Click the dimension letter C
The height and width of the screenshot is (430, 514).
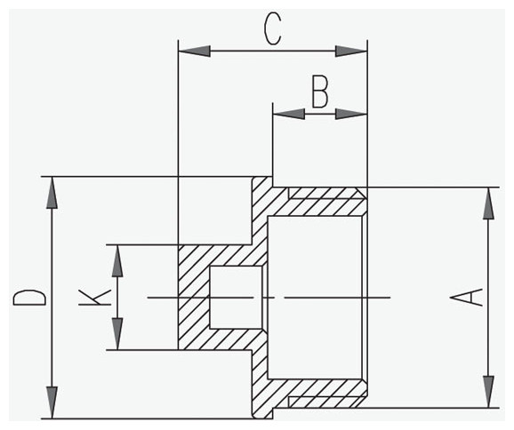273,28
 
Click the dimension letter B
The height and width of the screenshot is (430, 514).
320,92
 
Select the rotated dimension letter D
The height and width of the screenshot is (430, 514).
29,298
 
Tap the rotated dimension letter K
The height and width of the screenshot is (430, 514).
94,297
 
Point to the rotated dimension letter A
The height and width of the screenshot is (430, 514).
466,297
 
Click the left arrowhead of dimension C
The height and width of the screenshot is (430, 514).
194,52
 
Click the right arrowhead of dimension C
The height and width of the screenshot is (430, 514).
351,52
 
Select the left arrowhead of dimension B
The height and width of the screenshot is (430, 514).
289,114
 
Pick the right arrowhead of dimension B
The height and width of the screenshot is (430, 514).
351,114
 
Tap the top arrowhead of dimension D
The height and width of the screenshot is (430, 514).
52,193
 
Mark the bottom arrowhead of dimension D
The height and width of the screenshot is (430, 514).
52,402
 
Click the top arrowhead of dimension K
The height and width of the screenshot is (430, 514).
117,260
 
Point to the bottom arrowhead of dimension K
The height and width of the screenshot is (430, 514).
117,334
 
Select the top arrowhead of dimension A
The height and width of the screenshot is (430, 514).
489,203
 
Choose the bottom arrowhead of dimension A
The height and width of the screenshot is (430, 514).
489,392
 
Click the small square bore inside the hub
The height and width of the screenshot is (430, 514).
236,298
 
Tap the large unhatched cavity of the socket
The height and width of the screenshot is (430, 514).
316,298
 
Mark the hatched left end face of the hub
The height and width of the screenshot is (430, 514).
193,298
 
